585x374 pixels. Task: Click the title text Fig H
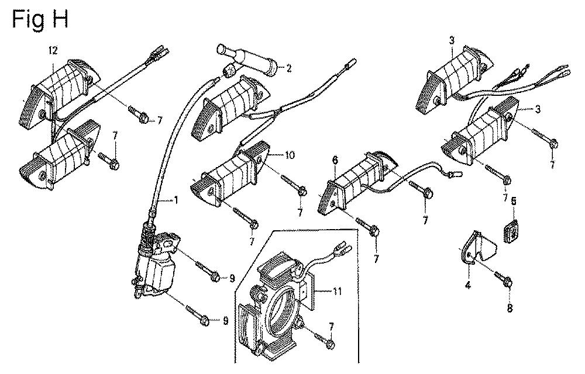(40, 19)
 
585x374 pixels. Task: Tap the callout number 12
(53, 52)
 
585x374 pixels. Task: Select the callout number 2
(289, 68)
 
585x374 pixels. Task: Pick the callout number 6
(335, 159)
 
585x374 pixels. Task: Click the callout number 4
(467, 285)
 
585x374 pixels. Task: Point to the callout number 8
(510, 309)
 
